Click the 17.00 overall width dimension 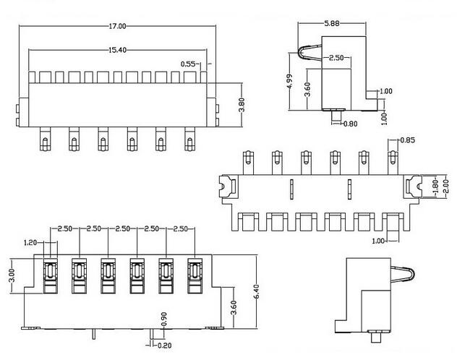coord(117,26)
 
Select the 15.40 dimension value coord(117,50)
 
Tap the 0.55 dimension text coord(188,64)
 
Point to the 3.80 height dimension coord(242,105)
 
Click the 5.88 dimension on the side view coord(332,23)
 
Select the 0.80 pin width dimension coord(350,124)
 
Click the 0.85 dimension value coord(408,140)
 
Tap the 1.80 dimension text coord(435,187)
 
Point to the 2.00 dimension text coord(445,187)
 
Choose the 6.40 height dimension coord(257,291)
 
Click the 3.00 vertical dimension coord(12,275)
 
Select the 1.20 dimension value coord(30,242)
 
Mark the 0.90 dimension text coord(164,319)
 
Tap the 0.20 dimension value coord(164,346)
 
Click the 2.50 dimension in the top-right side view coord(336,58)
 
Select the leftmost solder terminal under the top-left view coord(45,139)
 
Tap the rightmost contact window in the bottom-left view coord(195,275)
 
